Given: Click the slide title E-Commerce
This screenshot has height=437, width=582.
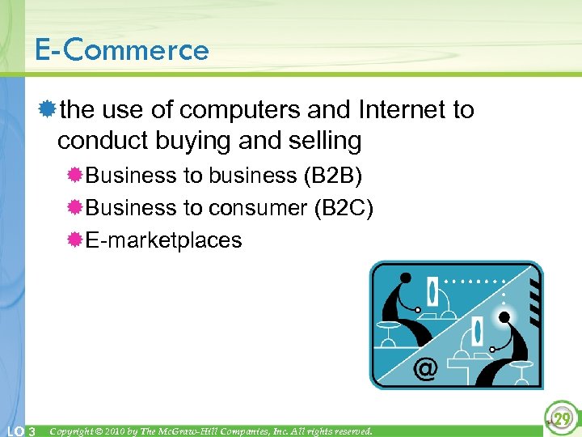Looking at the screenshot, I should [121, 50].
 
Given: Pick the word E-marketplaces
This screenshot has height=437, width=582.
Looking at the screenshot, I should [163, 240].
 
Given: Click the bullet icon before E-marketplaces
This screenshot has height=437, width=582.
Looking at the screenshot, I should [74, 240].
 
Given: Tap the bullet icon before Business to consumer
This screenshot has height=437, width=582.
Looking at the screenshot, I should [74, 208].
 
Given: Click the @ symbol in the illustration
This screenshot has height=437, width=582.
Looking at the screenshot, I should [425, 369].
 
